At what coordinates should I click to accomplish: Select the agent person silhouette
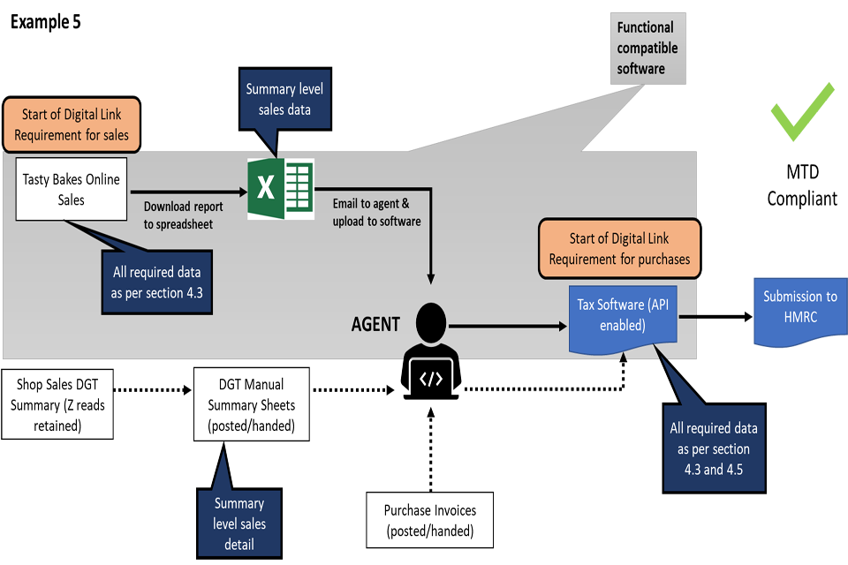(x=431, y=332)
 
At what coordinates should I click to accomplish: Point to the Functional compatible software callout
(x=647, y=49)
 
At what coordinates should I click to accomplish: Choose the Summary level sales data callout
(x=284, y=99)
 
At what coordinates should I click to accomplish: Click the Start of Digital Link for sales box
(x=71, y=124)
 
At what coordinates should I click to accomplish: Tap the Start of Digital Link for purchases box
(x=619, y=248)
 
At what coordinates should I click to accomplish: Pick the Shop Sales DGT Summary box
(x=57, y=405)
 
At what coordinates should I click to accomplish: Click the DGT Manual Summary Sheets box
(x=252, y=405)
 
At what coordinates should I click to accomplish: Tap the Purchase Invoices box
(x=429, y=521)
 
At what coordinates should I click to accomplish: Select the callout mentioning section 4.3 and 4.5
(x=714, y=448)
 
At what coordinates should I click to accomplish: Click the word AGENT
(x=375, y=325)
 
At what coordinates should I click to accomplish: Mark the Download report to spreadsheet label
(x=184, y=215)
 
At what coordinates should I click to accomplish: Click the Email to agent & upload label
(x=376, y=212)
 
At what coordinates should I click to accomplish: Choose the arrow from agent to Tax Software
(x=512, y=326)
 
